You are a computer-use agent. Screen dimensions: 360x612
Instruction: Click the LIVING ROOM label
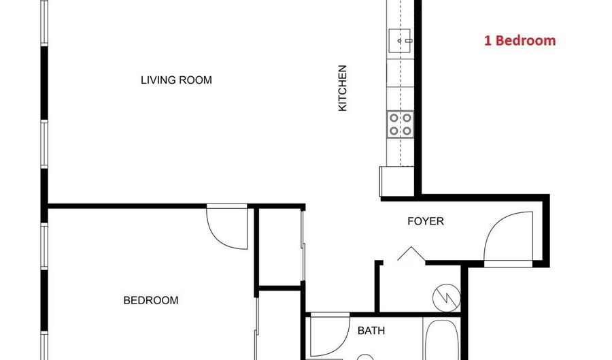click(176, 80)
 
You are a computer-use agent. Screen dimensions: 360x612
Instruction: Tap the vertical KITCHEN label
click(343, 88)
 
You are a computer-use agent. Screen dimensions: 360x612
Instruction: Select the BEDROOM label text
click(150, 300)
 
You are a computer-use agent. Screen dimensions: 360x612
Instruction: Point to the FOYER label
click(425, 221)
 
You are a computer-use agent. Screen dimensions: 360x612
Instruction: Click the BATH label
click(371, 331)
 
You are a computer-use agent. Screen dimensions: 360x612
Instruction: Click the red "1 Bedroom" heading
click(520, 40)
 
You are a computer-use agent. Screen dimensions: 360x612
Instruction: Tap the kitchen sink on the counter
click(400, 41)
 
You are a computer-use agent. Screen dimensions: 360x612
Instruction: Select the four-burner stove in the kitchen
click(400, 124)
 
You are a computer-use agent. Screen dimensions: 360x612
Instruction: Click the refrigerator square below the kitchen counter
click(392, 181)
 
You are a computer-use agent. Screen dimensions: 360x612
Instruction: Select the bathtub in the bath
click(442, 340)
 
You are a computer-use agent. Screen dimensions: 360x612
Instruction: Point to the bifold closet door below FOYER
click(410, 255)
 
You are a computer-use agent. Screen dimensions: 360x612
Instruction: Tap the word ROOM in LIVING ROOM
click(197, 80)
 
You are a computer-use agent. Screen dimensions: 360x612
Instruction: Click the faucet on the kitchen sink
click(409, 41)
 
